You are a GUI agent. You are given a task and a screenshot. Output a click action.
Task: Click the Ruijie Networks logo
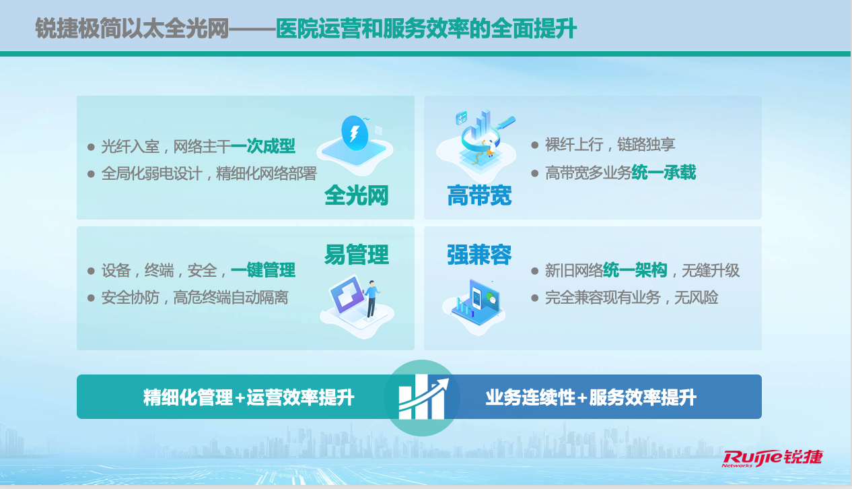[773, 458]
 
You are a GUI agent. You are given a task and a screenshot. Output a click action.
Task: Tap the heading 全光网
[357, 195]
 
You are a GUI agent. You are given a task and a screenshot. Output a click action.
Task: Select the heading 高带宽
[479, 195]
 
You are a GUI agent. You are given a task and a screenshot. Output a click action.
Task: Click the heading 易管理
[357, 254]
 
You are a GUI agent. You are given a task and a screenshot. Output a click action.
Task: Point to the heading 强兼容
[479, 254]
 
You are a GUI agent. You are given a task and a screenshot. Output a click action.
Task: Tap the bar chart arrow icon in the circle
[422, 397]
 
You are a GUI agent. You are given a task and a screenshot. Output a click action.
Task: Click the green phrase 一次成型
[263, 146]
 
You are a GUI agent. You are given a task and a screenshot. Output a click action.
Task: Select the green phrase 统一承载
[664, 172]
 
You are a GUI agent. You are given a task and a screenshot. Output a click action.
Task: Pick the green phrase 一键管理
[263, 270]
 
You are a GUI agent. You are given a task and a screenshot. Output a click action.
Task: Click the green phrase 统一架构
[635, 270]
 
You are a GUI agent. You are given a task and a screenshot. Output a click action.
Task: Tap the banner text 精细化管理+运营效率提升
[249, 397]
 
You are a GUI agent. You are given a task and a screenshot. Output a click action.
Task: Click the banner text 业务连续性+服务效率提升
[591, 397]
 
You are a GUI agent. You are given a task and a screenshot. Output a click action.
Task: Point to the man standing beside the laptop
[371, 299]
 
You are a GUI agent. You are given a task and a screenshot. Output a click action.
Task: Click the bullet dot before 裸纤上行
[535, 145]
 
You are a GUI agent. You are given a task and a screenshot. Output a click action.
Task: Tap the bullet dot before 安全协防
[91, 298]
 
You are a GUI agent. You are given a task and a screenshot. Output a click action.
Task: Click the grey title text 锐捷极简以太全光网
[132, 28]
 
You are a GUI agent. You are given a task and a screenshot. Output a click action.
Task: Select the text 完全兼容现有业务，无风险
[631, 297]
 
